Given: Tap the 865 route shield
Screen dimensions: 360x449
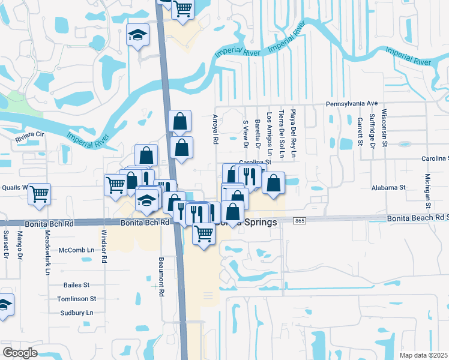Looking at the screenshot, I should point(300,221).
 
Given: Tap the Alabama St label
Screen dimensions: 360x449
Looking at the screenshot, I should point(388,188).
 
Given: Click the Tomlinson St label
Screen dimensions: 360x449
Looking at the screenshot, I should point(76,298).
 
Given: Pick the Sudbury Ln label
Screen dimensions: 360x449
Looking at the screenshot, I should point(77,313).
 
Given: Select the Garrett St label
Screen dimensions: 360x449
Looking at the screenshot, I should point(360,131).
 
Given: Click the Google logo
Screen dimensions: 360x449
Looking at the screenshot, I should point(20,353).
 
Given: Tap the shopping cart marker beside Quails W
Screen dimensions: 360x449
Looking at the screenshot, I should point(40,193).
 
